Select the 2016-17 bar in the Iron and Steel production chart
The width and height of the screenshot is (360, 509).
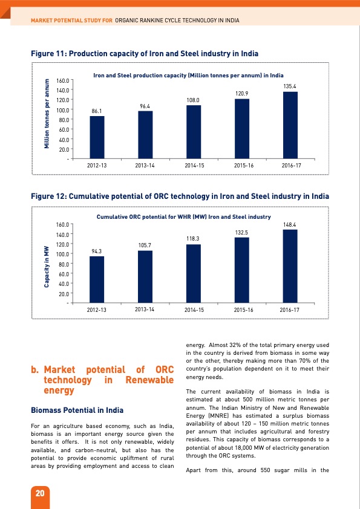pos(290,125)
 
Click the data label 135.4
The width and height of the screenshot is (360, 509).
pos(290,87)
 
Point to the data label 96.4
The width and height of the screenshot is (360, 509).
pos(145,106)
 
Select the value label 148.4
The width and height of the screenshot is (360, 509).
pos(290,225)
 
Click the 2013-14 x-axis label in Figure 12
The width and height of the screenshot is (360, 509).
pos(145,309)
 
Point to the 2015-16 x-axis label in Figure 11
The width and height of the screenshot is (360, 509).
pos(241,164)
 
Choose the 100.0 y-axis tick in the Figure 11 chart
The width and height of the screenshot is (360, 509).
pos(61,109)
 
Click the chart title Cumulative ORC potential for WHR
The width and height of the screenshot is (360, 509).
pos(183,216)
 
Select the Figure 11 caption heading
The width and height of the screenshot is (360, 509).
pos(145,54)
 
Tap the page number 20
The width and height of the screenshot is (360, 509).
pos(40,493)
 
